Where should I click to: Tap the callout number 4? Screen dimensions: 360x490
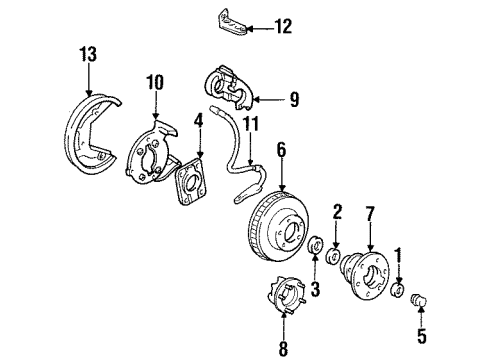198,121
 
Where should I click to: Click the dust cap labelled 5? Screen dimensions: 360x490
420,299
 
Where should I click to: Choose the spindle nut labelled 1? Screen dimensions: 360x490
398,290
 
